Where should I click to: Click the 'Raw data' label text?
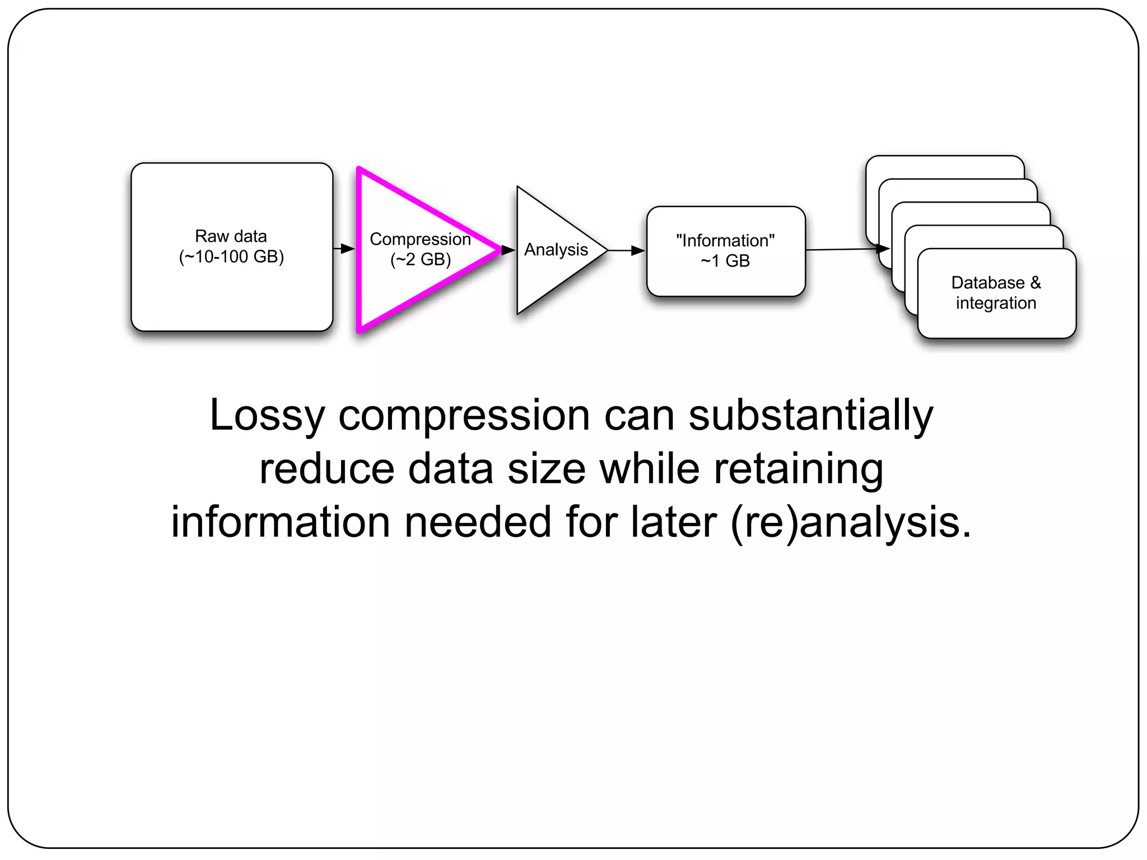231,236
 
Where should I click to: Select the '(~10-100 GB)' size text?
231,257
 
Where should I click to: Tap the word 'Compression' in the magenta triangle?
420,239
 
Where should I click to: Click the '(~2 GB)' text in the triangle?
421,260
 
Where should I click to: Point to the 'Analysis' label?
556,250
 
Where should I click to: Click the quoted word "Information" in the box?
725,241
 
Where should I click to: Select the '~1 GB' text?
725,261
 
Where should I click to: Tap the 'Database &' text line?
996,283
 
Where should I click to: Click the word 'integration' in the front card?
996,303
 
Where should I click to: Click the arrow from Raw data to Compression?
344,249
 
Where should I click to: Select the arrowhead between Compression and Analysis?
508,250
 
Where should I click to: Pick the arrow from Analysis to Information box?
627,251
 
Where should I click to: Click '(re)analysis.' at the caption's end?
851,522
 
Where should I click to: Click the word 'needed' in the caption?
478,522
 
